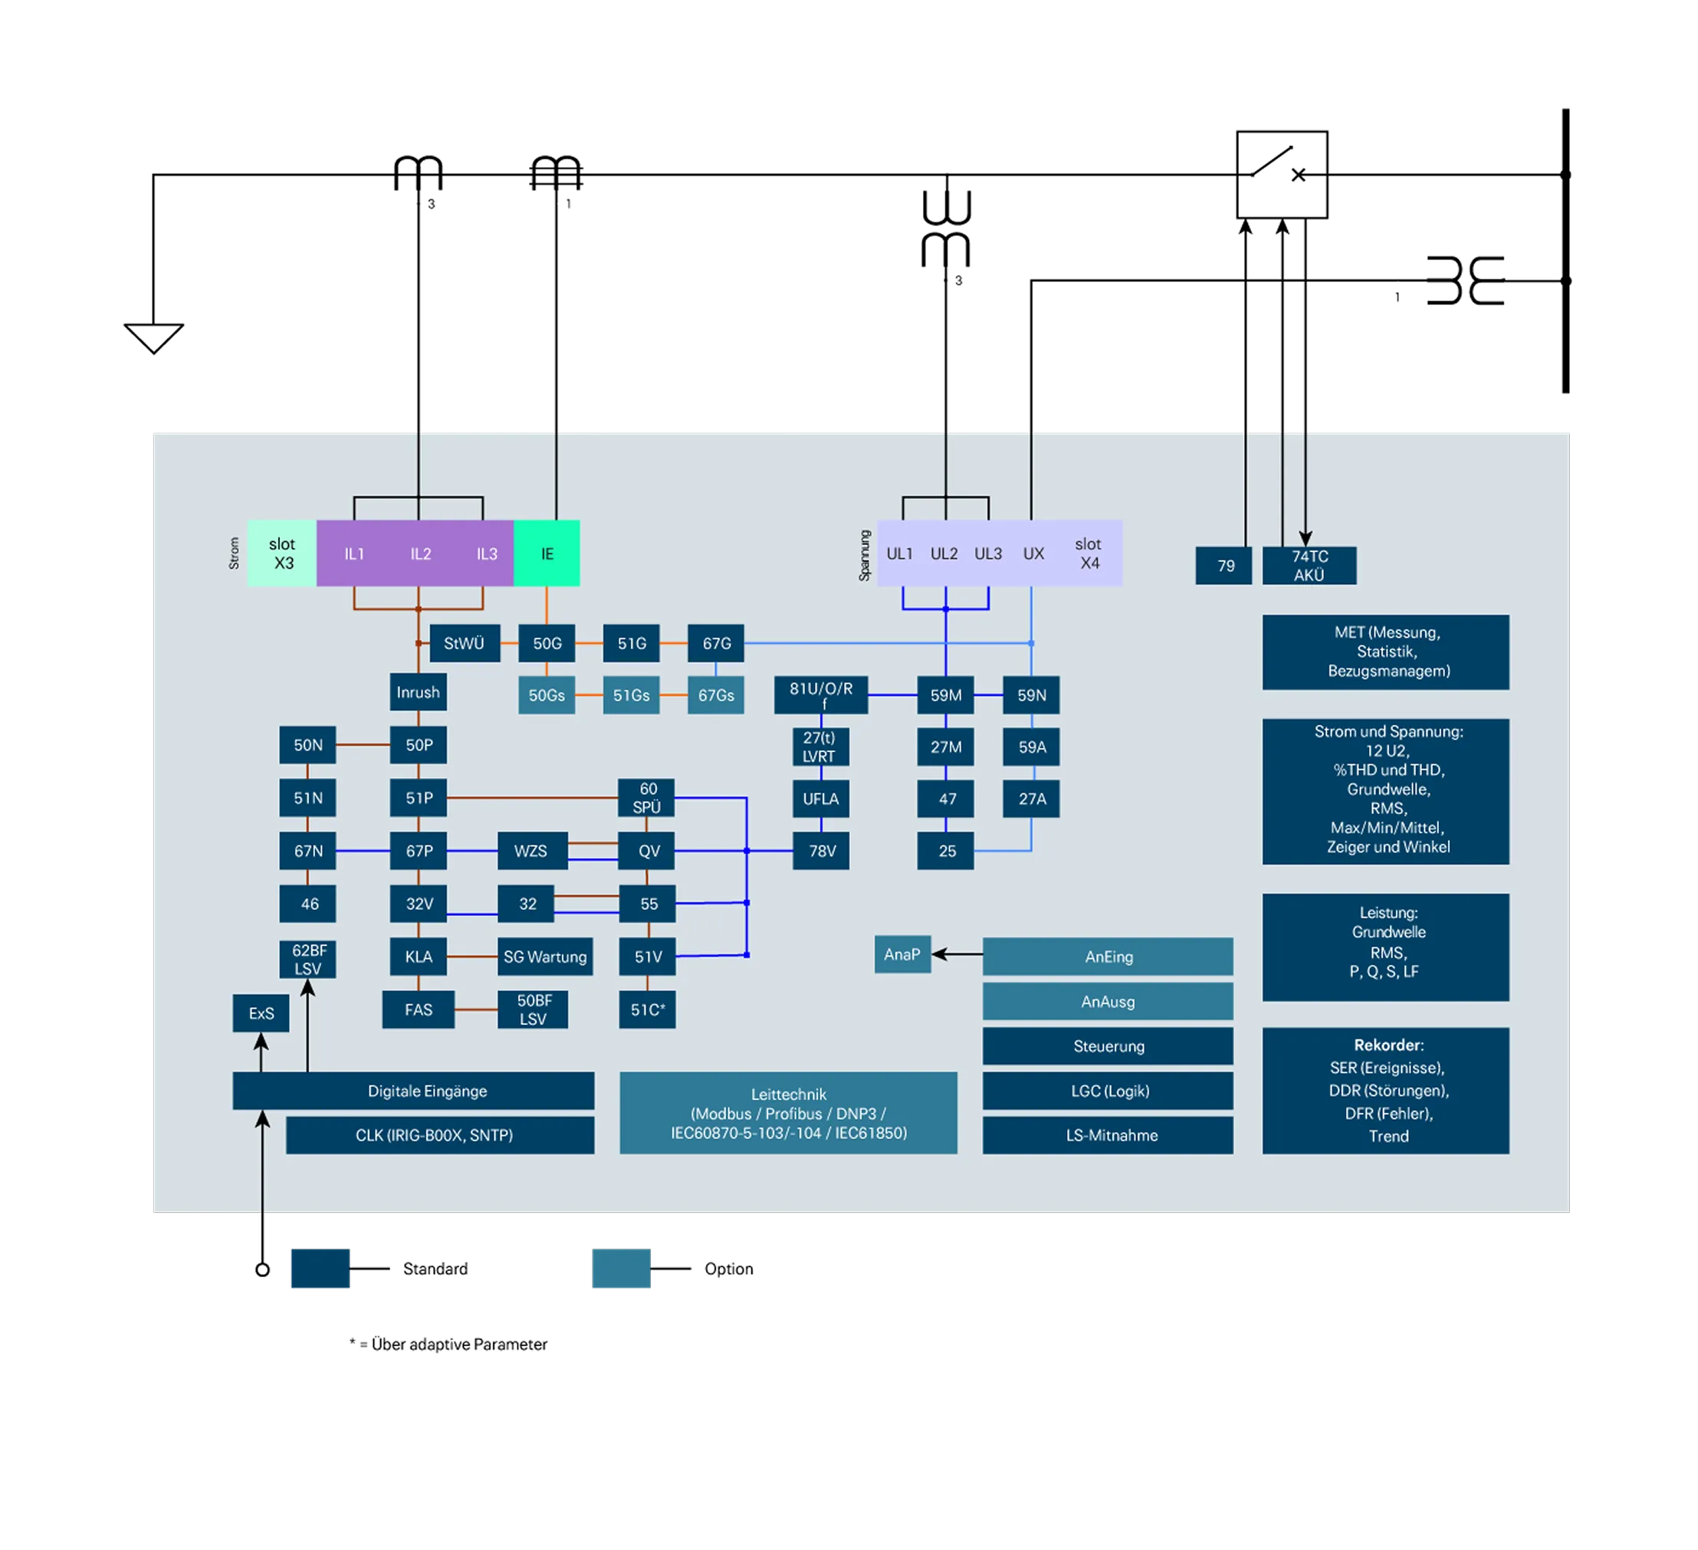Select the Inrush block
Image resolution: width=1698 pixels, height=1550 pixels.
click(x=418, y=692)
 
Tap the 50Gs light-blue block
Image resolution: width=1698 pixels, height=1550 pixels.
click(x=547, y=696)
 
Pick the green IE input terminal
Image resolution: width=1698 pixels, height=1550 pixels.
click(x=547, y=553)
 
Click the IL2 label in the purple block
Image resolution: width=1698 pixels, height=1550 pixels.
click(x=420, y=553)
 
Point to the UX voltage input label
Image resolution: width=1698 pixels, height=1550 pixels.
click(x=1033, y=553)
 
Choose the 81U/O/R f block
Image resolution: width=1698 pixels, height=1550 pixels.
click(x=821, y=695)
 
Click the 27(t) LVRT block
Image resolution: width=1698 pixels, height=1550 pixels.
click(x=820, y=747)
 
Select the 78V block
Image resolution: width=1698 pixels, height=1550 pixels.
click(x=821, y=851)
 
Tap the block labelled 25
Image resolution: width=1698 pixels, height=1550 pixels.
click(x=946, y=851)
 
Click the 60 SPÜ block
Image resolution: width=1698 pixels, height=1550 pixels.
click(x=647, y=798)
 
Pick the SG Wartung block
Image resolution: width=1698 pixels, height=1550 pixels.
click(x=545, y=957)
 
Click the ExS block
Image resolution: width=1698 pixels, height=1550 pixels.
click(x=261, y=1013)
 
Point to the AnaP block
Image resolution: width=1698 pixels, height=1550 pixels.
click(x=902, y=954)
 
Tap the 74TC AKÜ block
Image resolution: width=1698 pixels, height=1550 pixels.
click(x=1309, y=565)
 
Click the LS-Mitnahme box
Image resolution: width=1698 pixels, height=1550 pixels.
click(x=1108, y=1135)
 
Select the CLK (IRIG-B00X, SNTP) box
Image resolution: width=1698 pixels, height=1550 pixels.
click(x=440, y=1135)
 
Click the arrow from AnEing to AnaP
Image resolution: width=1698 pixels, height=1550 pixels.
click(x=957, y=954)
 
